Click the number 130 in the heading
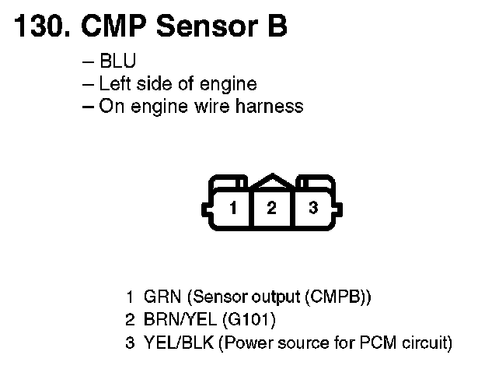40,27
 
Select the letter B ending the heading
276,27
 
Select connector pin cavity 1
232,208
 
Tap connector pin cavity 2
271,208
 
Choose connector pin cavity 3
312,208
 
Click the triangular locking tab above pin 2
271,181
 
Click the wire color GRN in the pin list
161,297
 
